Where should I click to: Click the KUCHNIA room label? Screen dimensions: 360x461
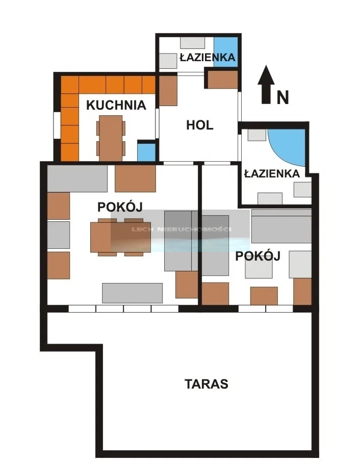tap(116, 105)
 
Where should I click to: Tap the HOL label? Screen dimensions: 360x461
tap(200, 125)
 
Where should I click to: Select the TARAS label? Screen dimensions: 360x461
tap(207, 383)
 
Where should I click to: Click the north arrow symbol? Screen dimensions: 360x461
tap(266, 84)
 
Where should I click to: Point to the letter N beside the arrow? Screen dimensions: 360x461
tap(282, 97)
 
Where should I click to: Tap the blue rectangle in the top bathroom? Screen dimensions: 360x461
tap(225, 52)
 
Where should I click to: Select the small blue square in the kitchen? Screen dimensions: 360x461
tap(146, 152)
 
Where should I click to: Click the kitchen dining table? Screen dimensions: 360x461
tap(111, 138)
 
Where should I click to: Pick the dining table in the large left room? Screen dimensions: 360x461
tap(120, 237)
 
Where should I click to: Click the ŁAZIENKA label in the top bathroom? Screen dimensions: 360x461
tap(208, 57)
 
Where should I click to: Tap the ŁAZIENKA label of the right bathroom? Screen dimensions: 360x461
tap(272, 173)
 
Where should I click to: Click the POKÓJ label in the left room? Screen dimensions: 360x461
tap(120, 207)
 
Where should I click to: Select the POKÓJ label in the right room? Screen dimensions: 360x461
tap(258, 256)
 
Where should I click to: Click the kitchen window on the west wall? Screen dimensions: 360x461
tap(57, 125)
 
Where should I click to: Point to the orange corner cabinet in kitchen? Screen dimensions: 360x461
tap(70, 85)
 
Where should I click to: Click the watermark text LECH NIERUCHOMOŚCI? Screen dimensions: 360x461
tap(181, 229)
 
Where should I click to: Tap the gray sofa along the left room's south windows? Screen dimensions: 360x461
tap(132, 293)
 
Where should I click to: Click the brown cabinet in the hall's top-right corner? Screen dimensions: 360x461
tap(223, 80)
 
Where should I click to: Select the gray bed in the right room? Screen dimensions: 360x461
tap(281, 226)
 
